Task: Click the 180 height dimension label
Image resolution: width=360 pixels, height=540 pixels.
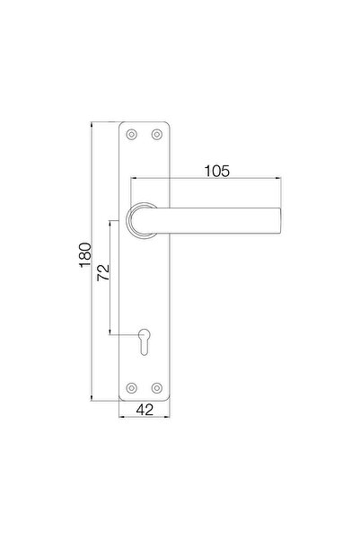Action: [x=85, y=255]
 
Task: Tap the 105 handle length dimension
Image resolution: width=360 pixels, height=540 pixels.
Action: [x=217, y=171]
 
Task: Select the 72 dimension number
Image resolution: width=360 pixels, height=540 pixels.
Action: [x=103, y=273]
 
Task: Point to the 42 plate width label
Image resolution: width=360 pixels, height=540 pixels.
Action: [x=145, y=410]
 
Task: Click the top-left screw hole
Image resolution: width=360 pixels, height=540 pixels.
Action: [x=131, y=134]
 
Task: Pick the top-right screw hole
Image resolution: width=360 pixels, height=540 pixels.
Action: [x=157, y=134]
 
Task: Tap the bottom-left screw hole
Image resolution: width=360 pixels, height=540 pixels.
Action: [x=131, y=388]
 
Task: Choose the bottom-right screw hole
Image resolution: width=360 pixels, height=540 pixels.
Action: [x=157, y=388]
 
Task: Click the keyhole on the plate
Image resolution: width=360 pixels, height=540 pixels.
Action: [x=145, y=341]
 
